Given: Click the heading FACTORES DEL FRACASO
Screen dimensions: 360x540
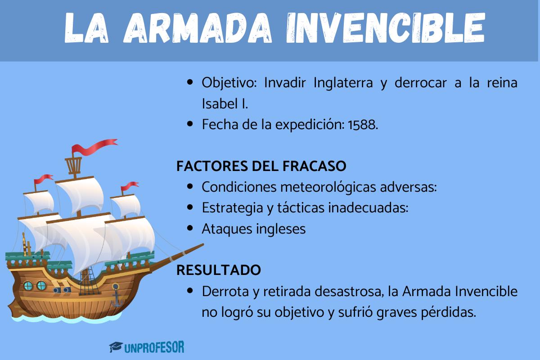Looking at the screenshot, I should point(261,166).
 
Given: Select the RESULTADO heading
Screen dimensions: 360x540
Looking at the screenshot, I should point(218,270).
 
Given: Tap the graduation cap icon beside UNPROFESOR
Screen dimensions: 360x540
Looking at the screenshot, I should point(117,347).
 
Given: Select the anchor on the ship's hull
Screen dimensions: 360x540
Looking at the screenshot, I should point(116,295).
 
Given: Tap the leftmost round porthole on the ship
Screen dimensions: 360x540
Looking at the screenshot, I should point(28,285).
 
